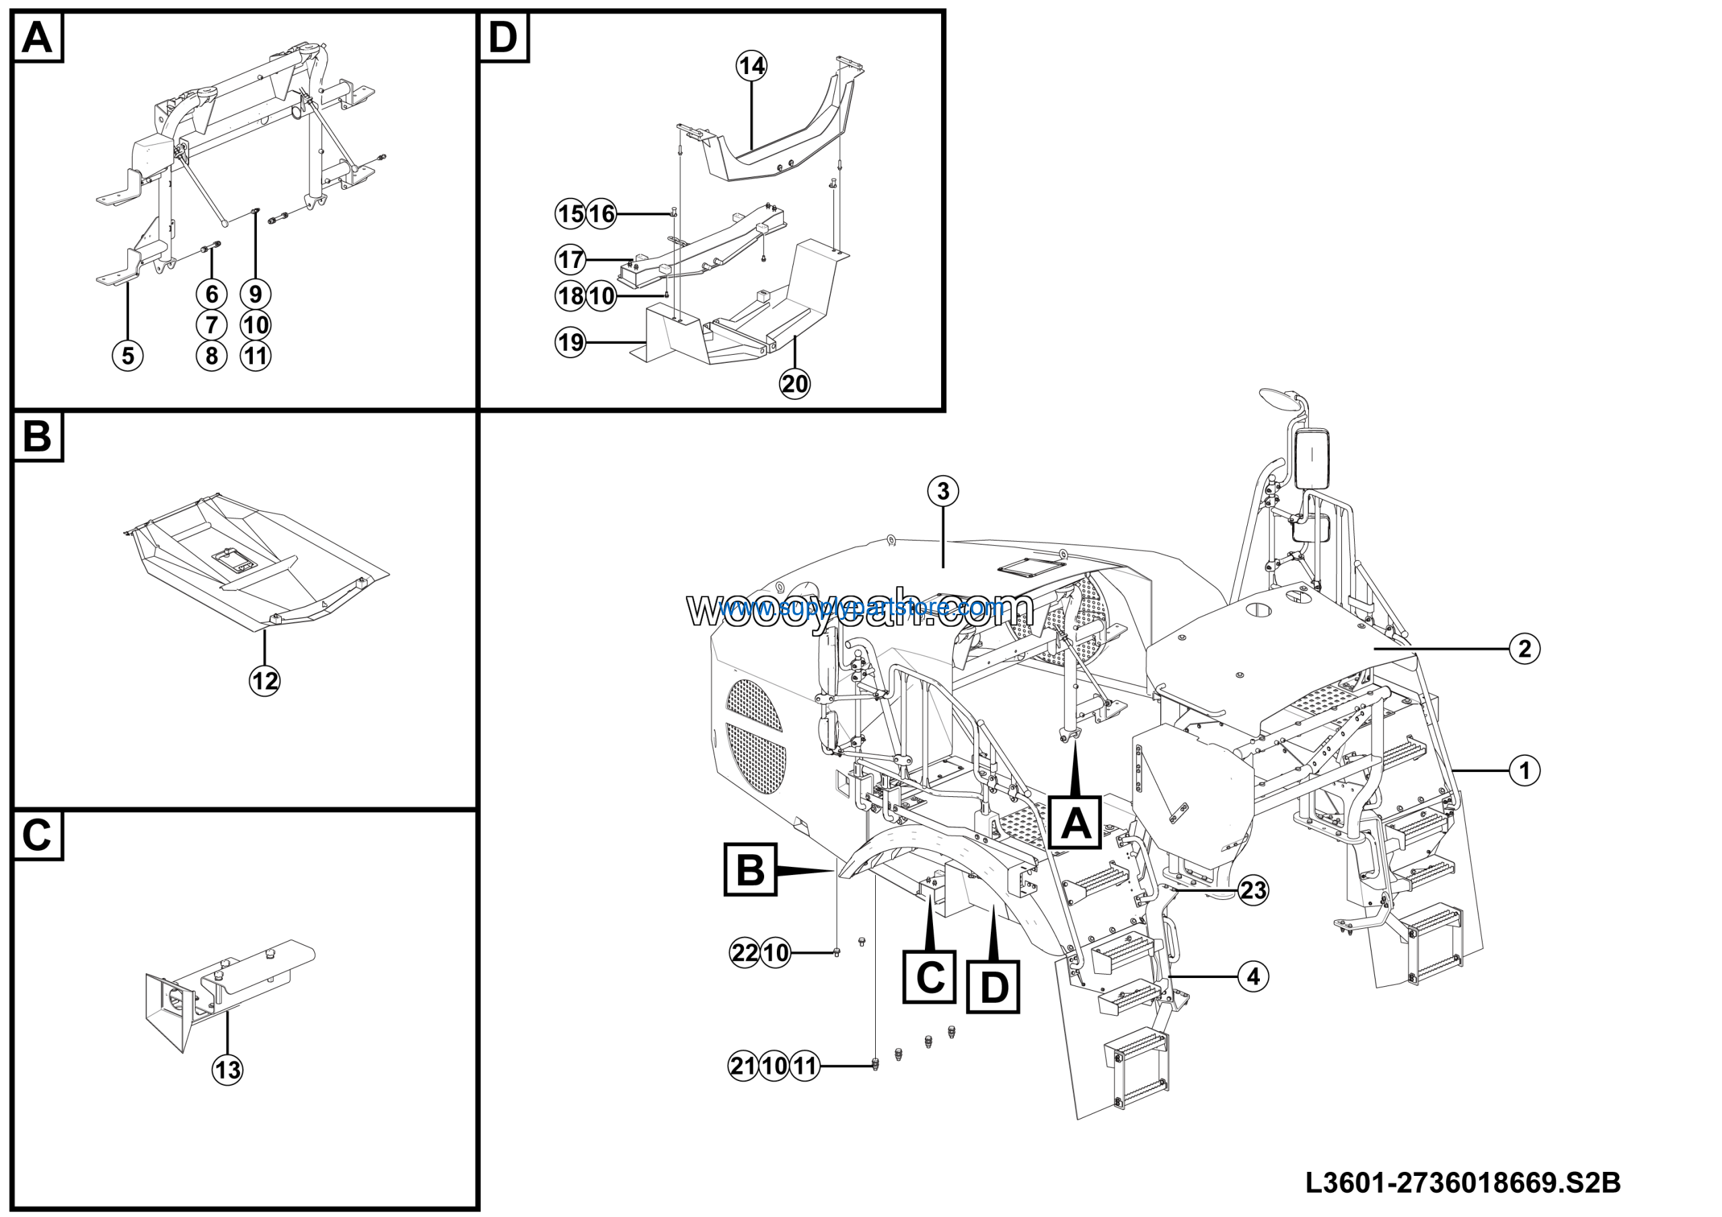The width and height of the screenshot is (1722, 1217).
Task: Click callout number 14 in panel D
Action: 751,66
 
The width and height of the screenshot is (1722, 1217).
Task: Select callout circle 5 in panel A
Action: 128,355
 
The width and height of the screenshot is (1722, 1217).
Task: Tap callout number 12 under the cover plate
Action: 264,681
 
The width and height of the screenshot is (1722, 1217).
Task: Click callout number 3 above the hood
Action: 943,491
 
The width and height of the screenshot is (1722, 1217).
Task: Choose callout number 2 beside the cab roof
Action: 1524,648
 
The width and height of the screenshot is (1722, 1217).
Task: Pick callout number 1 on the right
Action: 1524,771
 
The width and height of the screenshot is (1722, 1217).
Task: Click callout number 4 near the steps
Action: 1253,976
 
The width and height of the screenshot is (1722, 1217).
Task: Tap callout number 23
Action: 1253,891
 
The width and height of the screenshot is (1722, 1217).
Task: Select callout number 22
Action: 745,953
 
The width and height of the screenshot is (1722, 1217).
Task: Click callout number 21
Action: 743,1066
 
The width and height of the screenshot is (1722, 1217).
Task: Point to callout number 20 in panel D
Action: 795,384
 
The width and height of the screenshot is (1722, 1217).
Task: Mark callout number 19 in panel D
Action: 570,342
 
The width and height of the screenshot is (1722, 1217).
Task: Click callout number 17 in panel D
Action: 570,260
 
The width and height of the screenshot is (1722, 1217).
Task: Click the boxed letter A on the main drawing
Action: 1075,824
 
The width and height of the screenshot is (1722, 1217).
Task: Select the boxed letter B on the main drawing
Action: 750,870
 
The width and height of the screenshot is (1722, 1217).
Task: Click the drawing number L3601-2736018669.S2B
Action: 1462,1183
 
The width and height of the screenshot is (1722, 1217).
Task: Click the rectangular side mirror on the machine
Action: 1313,457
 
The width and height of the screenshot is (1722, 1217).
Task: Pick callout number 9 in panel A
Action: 256,293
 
